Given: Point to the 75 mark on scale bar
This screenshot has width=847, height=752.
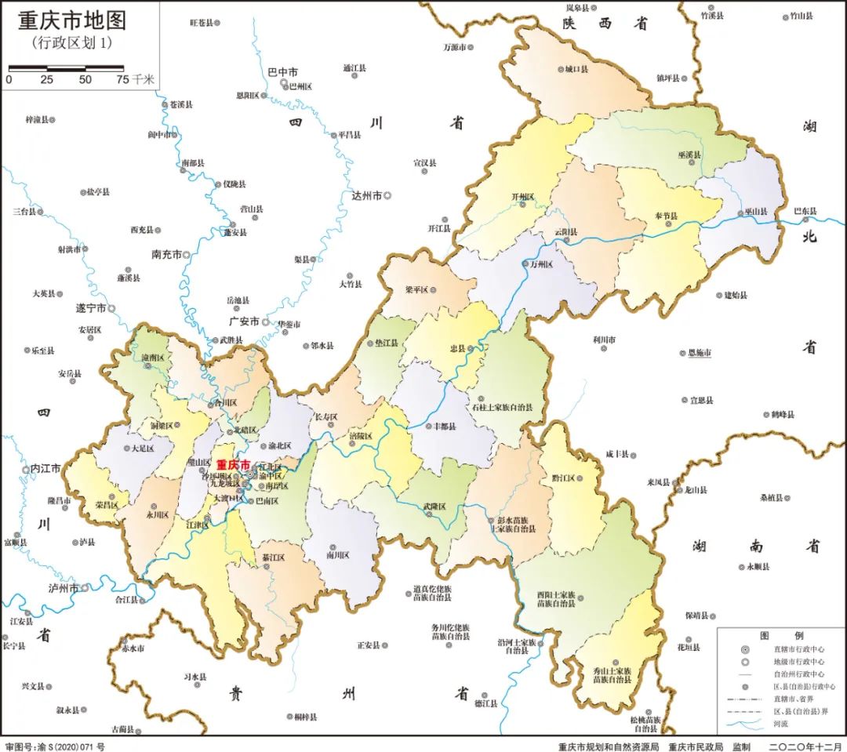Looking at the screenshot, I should pyautogui.click(x=122, y=79).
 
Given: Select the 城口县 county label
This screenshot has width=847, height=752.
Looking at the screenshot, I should pyautogui.click(x=576, y=69).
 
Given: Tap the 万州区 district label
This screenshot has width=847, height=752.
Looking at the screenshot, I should pyautogui.click(x=542, y=265).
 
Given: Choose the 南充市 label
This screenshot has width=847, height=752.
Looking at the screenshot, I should pyautogui.click(x=166, y=255).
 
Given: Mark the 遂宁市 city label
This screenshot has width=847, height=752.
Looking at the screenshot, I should pyautogui.click(x=90, y=308).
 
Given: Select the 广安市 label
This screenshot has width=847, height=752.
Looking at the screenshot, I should pyautogui.click(x=243, y=322).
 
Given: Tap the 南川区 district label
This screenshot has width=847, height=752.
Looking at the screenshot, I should pyautogui.click(x=338, y=554).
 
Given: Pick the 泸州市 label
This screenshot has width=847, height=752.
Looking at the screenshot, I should pyautogui.click(x=63, y=587).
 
